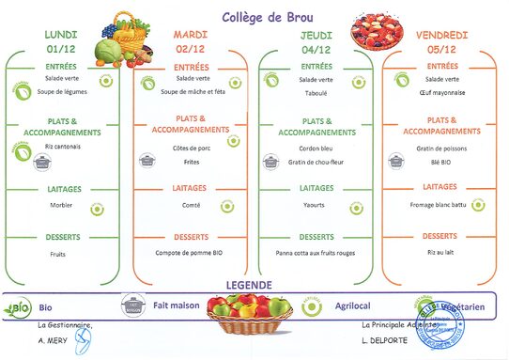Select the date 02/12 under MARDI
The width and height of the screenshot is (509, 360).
[x=191, y=49]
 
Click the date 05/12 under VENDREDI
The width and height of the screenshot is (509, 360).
[x=442, y=49]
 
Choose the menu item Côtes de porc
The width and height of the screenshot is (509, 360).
[x=191, y=149]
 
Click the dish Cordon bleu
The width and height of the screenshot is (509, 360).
[x=316, y=149]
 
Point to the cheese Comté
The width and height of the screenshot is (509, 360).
[x=191, y=203]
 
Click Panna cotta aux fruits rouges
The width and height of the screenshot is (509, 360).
[x=316, y=253]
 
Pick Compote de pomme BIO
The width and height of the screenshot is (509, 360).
[x=191, y=253]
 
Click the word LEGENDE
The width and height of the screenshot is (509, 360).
[x=250, y=285]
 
